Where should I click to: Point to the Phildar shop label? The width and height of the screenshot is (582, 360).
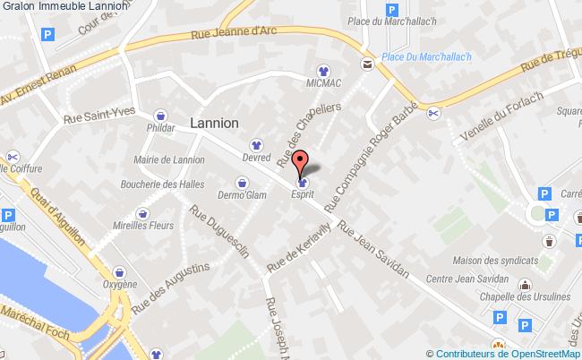point(160,128)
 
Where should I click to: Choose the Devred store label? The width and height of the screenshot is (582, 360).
point(256,156)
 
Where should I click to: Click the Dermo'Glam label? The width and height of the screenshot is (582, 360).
point(242,194)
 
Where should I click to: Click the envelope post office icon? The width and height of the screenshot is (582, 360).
point(367,63)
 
